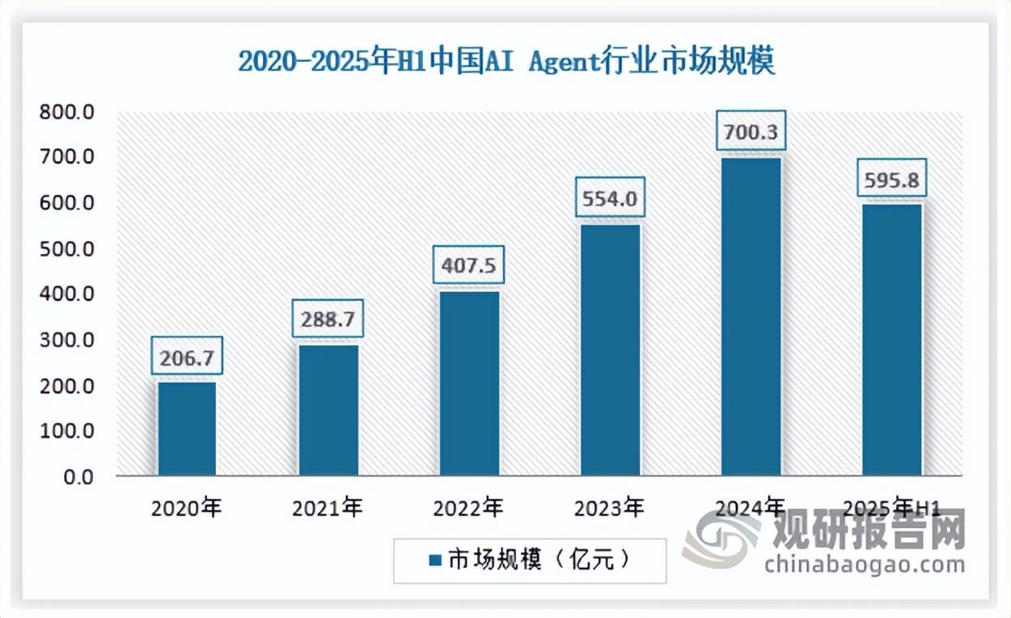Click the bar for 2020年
[187, 428]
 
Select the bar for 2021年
[328, 409]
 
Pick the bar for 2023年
[610, 349]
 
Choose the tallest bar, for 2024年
[751, 316]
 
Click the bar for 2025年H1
[892, 340]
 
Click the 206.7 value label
[187, 356]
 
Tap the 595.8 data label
[892, 177]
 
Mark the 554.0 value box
[610, 197]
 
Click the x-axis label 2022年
[468, 509]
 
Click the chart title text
[506, 61]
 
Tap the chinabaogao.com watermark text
[864, 564]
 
